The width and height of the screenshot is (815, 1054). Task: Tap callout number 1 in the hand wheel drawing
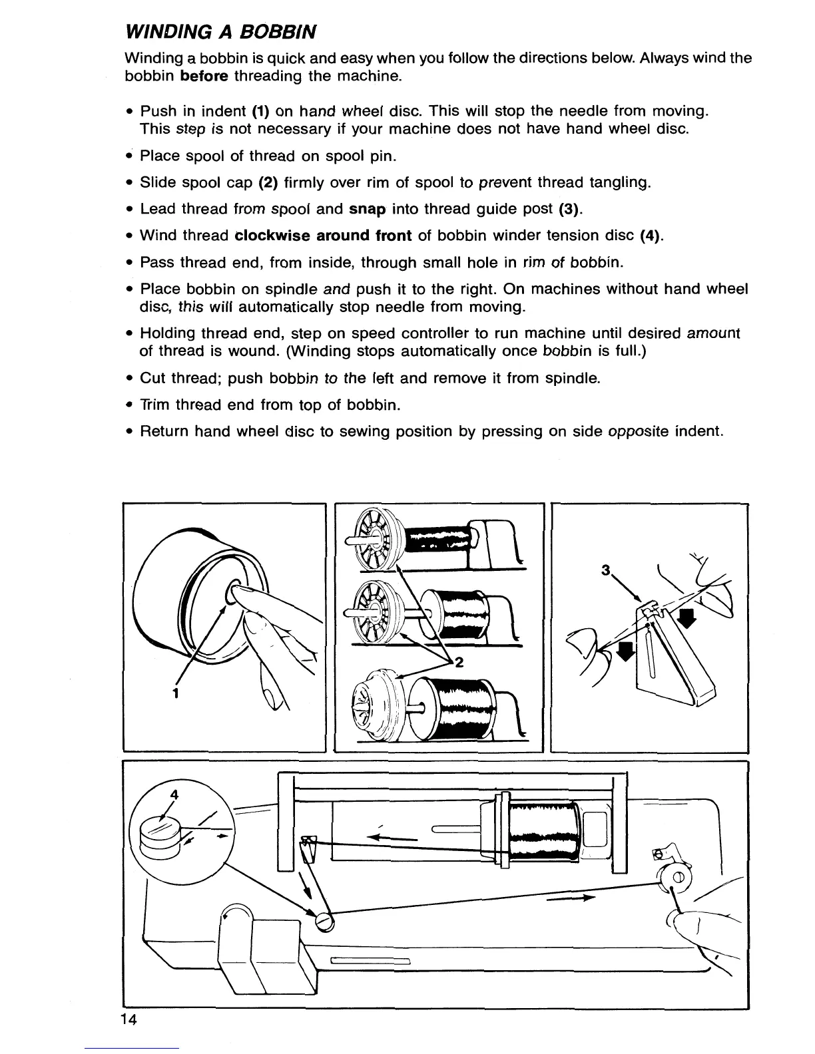pyautogui.click(x=175, y=692)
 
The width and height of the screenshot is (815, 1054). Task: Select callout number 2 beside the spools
pyautogui.click(x=459, y=662)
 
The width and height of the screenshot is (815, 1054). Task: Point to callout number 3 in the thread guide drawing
pyautogui.click(x=605, y=570)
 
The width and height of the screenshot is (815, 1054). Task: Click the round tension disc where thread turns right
pyautogui.click(x=326, y=920)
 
